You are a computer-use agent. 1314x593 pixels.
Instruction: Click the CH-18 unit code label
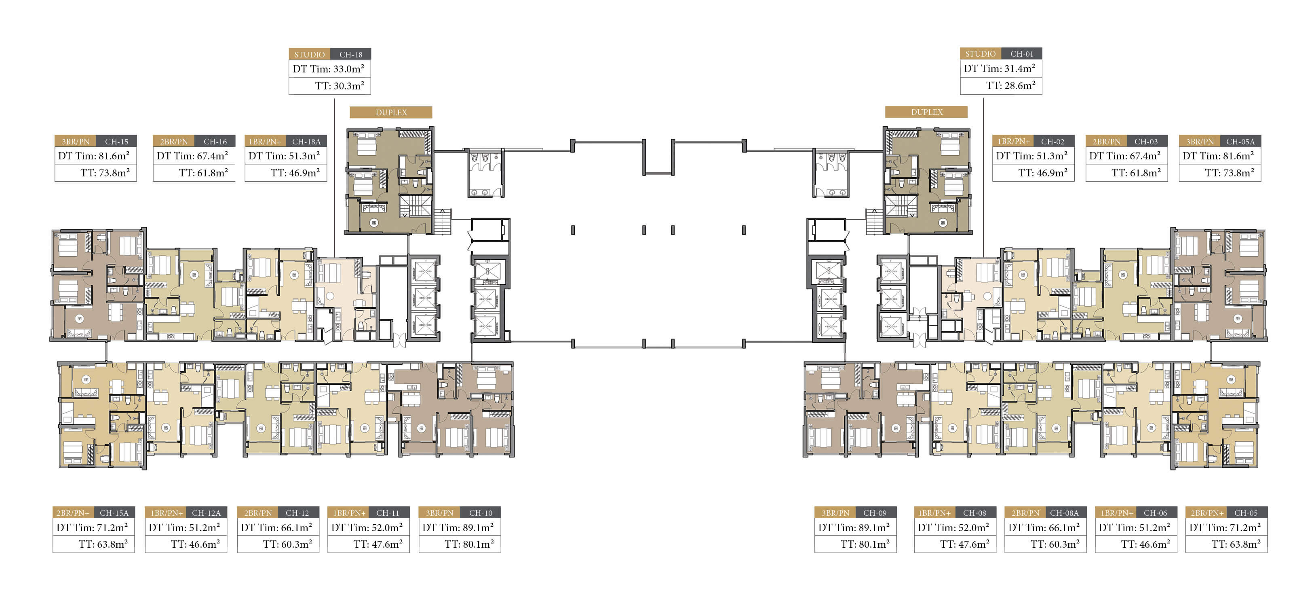click(x=350, y=55)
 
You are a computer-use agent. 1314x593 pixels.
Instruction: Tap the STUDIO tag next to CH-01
click(x=980, y=53)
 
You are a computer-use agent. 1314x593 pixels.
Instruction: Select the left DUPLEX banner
click(x=391, y=112)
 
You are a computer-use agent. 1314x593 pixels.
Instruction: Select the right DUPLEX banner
click(x=926, y=112)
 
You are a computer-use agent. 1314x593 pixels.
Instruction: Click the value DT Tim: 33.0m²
click(x=329, y=69)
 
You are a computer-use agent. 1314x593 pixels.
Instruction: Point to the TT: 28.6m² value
click(x=1010, y=86)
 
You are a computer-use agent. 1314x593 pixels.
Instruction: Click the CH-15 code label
click(x=116, y=141)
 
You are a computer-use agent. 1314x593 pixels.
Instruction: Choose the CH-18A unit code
click(x=306, y=141)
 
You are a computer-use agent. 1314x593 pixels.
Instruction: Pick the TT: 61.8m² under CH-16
click(x=203, y=173)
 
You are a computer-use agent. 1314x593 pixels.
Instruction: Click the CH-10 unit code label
click(x=481, y=513)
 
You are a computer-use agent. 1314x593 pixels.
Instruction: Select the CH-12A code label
click(x=206, y=513)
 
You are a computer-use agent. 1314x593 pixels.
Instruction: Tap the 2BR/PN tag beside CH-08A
click(x=1025, y=513)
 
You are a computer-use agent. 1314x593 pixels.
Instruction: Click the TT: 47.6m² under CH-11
click(x=378, y=544)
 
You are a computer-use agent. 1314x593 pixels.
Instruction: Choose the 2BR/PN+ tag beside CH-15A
click(x=72, y=513)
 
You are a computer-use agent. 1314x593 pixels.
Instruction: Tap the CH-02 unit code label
click(x=1052, y=141)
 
